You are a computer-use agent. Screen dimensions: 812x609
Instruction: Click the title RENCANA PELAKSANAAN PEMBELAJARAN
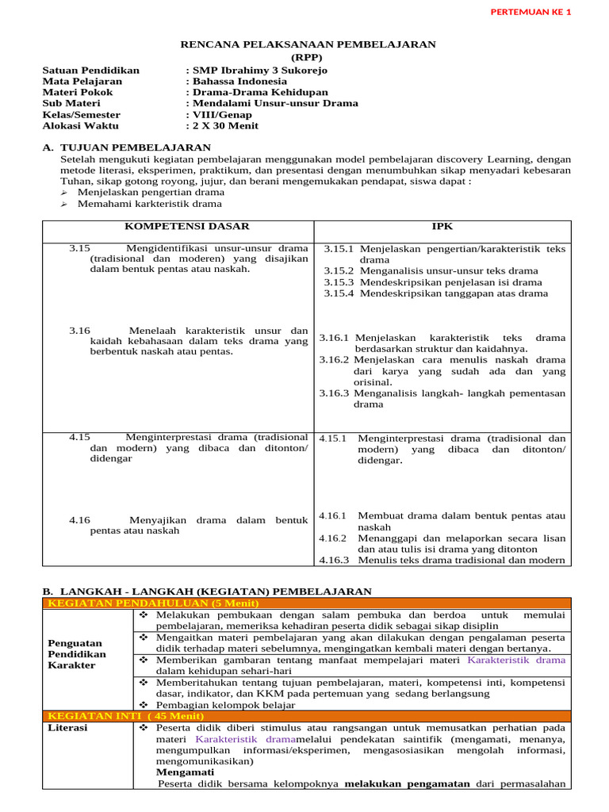pyautogui.click(x=308, y=44)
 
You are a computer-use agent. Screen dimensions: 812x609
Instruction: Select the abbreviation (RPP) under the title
pyautogui.click(x=308, y=58)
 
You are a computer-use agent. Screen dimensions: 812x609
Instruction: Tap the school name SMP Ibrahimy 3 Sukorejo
pyautogui.click(x=259, y=70)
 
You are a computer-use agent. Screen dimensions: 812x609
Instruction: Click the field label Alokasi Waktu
pyautogui.click(x=80, y=125)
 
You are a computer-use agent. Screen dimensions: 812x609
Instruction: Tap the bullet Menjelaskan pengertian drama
pyautogui.click(x=151, y=192)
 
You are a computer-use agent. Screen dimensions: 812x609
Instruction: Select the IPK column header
pyautogui.click(x=442, y=227)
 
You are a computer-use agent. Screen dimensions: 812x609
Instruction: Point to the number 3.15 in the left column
pyautogui.click(x=80, y=248)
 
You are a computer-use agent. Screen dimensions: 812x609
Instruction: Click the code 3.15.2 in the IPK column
pyautogui.click(x=339, y=270)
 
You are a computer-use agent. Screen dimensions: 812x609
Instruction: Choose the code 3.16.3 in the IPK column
pyautogui.click(x=333, y=393)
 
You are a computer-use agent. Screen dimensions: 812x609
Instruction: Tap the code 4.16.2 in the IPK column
pyautogui.click(x=333, y=538)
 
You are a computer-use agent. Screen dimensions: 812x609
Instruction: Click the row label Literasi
pyautogui.click(x=68, y=727)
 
